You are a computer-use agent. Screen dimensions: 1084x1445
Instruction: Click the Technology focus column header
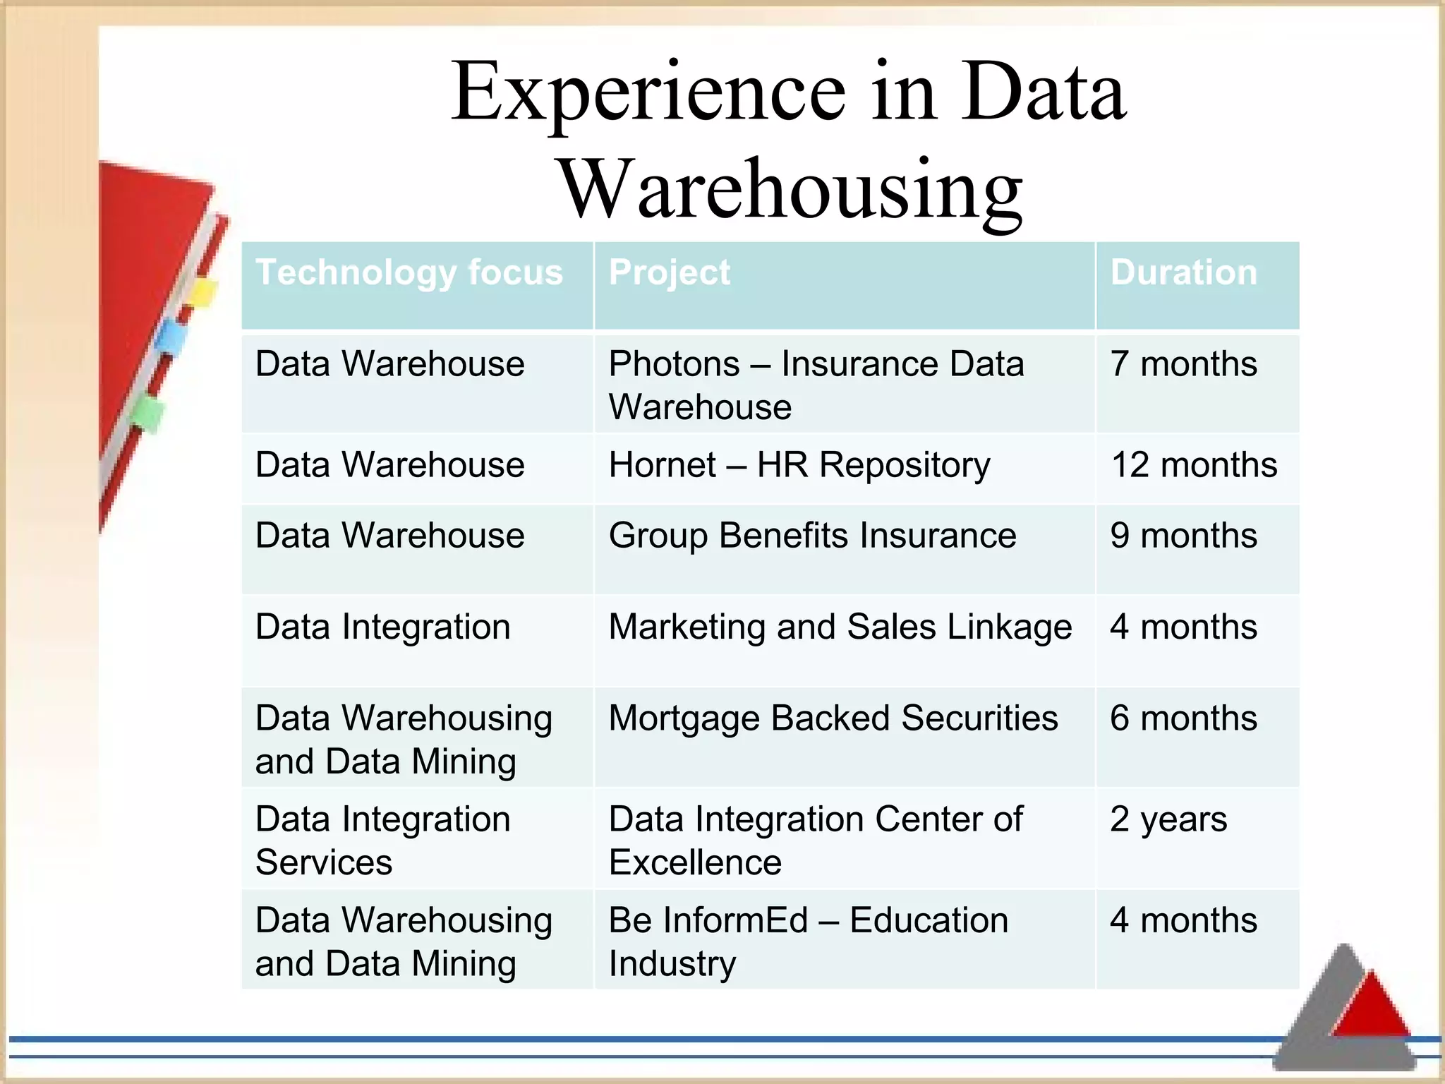click(x=409, y=272)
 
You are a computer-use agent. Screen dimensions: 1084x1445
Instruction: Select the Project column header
click(x=669, y=272)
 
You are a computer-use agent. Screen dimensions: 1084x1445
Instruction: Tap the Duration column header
click(x=1183, y=272)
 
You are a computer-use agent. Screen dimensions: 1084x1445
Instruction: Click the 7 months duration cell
click(x=1183, y=364)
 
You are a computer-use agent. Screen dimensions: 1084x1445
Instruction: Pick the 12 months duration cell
click(x=1194, y=465)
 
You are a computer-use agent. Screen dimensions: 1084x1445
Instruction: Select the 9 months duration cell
click(x=1183, y=536)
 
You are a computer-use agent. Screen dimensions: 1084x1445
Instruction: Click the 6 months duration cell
click(x=1183, y=718)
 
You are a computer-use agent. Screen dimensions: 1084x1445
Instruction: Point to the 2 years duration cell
click(x=1168, y=819)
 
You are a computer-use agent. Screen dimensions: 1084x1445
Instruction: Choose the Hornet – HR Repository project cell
click(x=799, y=465)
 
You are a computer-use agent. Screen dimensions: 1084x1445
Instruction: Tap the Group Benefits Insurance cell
click(x=812, y=536)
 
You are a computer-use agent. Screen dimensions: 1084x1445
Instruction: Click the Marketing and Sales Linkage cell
click(x=840, y=627)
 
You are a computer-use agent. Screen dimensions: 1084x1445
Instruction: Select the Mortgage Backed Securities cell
click(x=833, y=718)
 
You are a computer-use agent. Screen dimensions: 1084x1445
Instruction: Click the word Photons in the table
click(x=674, y=364)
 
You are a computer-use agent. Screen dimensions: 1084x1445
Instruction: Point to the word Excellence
click(x=695, y=862)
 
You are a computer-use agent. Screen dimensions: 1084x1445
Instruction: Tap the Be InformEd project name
click(x=708, y=920)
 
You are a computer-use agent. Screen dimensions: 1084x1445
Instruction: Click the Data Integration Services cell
click(x=382, y=841)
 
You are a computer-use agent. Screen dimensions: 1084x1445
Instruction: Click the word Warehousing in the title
click(x=790, y=189)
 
